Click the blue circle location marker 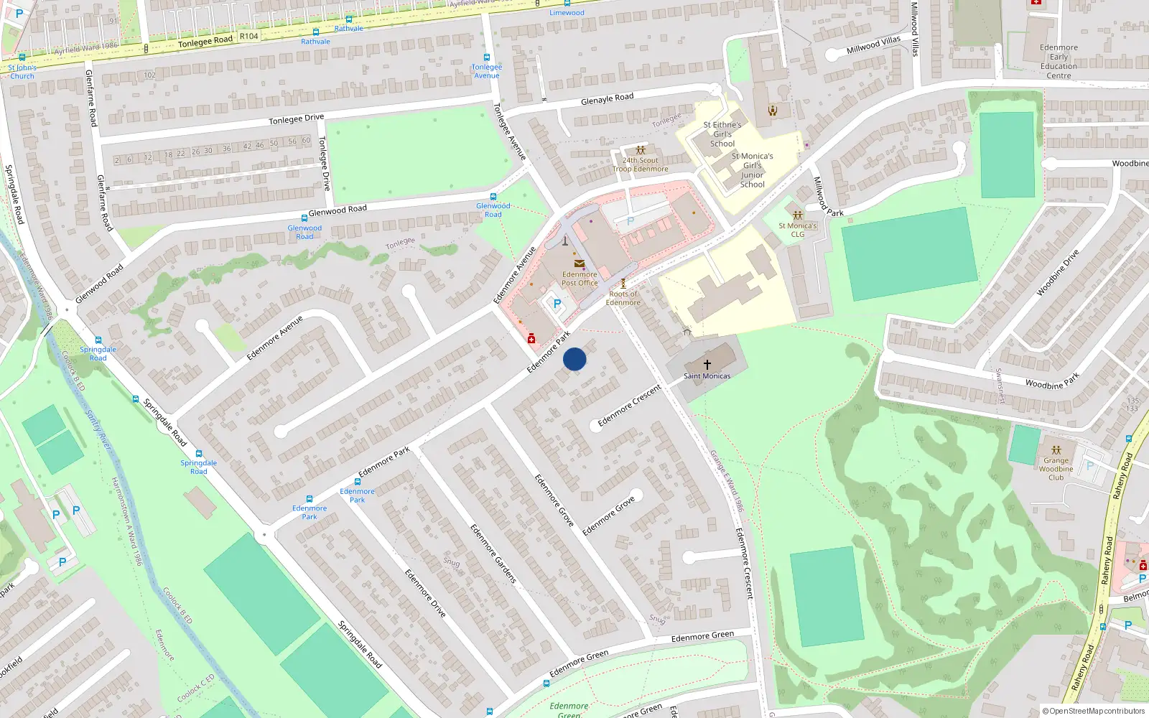coord(574,359)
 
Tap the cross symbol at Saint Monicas coord(707,365)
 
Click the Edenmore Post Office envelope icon coord(580,264)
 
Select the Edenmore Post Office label coord(580,279)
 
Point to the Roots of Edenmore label coord(623,298)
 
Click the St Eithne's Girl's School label coord(722,134)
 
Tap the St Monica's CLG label coord(797,230)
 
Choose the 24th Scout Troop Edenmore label coord(641,165)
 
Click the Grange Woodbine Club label coord(1056,469)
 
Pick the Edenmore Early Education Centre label coord(1059,62)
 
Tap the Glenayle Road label coord(607,98)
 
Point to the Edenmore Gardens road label coord(493,553)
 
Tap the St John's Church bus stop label coord(22,72)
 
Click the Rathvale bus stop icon coord(315,32)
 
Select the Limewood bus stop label coord(567,13)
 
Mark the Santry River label coord(99,431)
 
